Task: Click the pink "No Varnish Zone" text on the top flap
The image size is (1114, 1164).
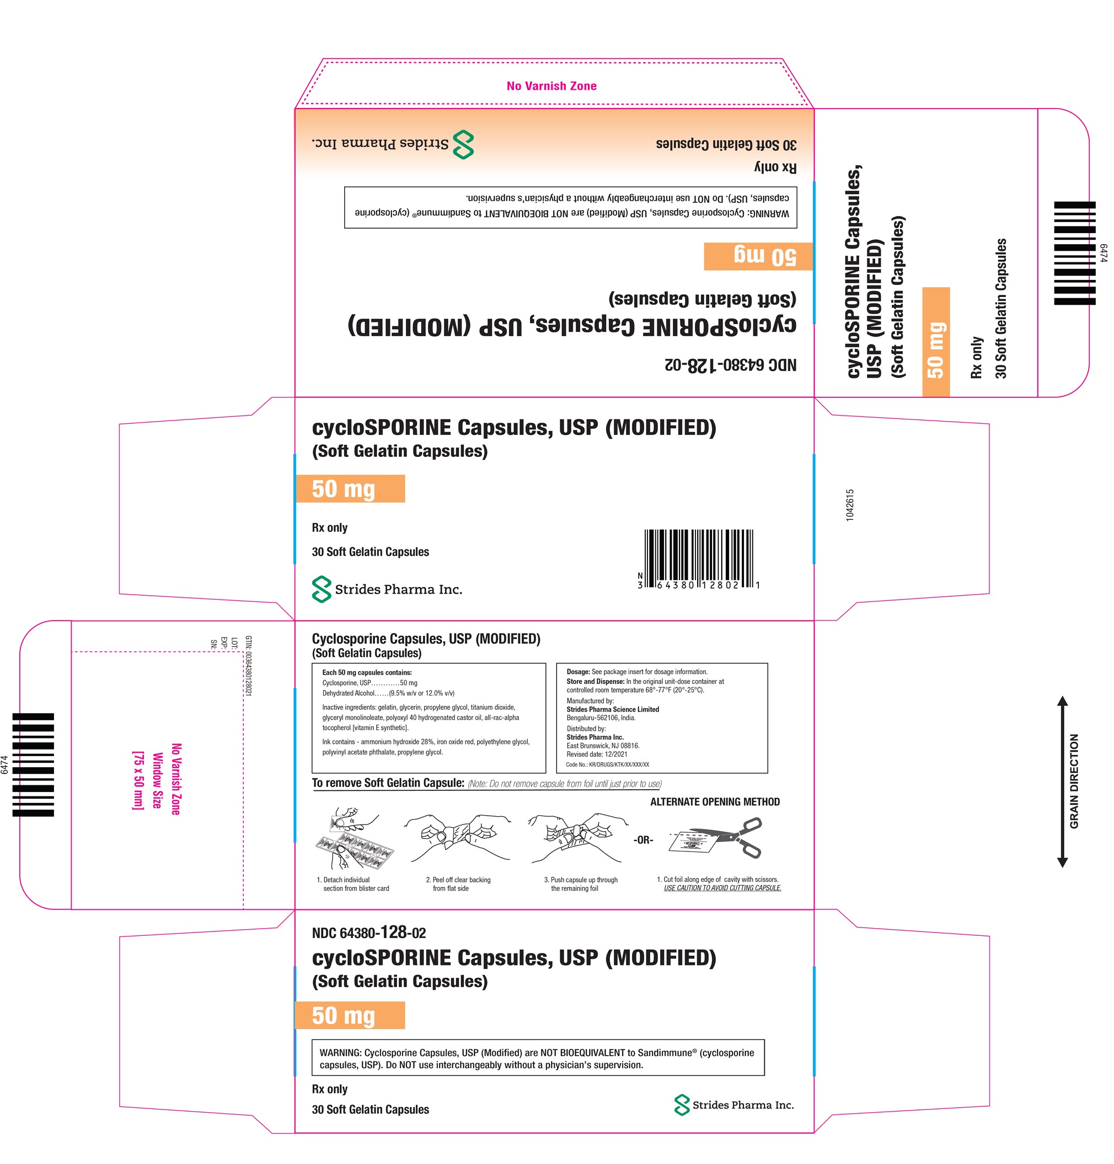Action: pos(551,86)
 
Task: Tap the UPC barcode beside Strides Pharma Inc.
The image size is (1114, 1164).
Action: pos(698,559)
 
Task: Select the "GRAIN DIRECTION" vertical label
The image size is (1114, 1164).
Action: pos(1074,781)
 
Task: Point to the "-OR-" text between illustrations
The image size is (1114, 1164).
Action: pos(643,840)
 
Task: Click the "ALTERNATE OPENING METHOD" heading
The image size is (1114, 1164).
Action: pos(715,802)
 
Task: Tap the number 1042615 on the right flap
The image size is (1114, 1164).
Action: pos(850,505)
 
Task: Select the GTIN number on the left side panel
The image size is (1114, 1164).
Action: pos(248,666)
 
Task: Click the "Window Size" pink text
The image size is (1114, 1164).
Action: pos(157,780)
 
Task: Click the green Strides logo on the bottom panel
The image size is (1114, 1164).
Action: pos(682,1104)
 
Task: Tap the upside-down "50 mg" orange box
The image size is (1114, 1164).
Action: pos(758,256)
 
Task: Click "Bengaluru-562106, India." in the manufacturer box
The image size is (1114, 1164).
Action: pos(601,718)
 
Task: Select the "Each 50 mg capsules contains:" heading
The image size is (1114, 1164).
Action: pos(367,672)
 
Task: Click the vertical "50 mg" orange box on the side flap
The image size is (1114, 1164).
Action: pos(936,342)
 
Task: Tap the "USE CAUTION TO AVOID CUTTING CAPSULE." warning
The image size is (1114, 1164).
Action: pos(722,888)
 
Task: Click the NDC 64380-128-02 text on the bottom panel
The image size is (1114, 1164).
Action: pos(369,933)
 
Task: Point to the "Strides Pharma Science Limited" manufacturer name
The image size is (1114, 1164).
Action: pos(613,709)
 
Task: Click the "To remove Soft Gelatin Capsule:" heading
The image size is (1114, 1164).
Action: pos(388,783)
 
